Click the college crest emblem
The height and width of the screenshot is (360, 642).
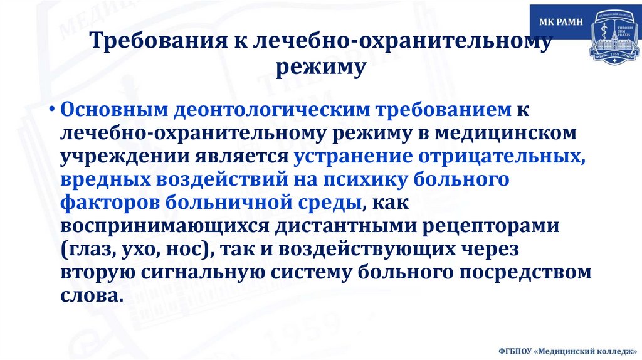[613, 35]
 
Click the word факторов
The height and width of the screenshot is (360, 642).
[110, 203]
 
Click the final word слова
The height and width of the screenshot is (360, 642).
[89, 295]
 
